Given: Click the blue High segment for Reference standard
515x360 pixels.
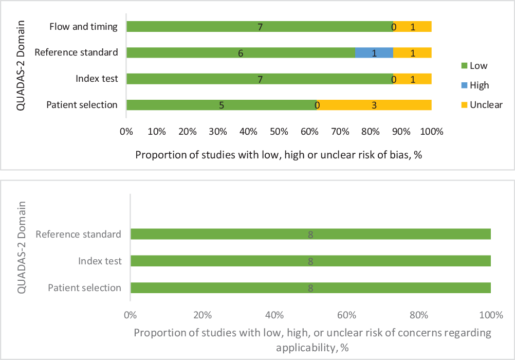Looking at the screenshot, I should pos(374,52).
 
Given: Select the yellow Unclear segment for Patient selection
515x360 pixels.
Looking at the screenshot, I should pos(374,105).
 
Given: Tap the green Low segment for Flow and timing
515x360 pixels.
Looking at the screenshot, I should pos(260,27).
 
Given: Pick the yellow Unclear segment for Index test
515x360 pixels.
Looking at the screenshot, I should pos(413,79).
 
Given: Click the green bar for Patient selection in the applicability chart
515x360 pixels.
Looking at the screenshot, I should pos(310,288).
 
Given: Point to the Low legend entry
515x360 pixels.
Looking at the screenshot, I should pos(478,66).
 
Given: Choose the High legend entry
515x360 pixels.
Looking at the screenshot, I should pos(479,85).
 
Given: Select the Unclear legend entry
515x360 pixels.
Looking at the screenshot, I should pos(486,105).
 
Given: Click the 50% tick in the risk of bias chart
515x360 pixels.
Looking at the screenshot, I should pos(279,131).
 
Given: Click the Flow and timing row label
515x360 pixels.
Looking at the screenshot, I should pos(84,27).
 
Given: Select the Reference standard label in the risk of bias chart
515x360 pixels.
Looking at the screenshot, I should pos(76,52).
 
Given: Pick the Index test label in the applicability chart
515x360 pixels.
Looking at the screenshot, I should pos(100,261).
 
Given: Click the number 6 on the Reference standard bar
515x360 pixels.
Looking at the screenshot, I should pos(241,53).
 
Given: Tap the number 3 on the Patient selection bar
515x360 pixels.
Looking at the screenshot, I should pos(374,105).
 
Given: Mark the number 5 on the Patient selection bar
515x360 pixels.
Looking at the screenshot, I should pos(222,105).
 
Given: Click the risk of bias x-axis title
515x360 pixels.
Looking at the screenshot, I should pos(279,155).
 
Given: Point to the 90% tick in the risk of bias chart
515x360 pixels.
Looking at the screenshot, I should pos(401,131).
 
